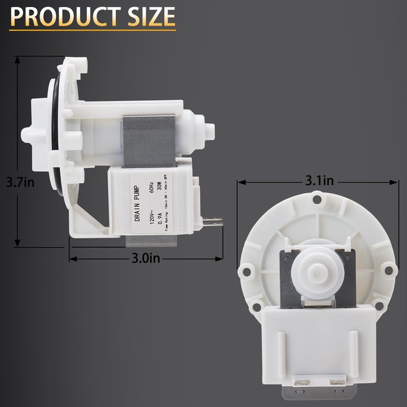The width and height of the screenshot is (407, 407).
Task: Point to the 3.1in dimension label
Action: (319, 181)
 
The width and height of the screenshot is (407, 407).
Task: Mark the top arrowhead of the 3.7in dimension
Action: (18, 59)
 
